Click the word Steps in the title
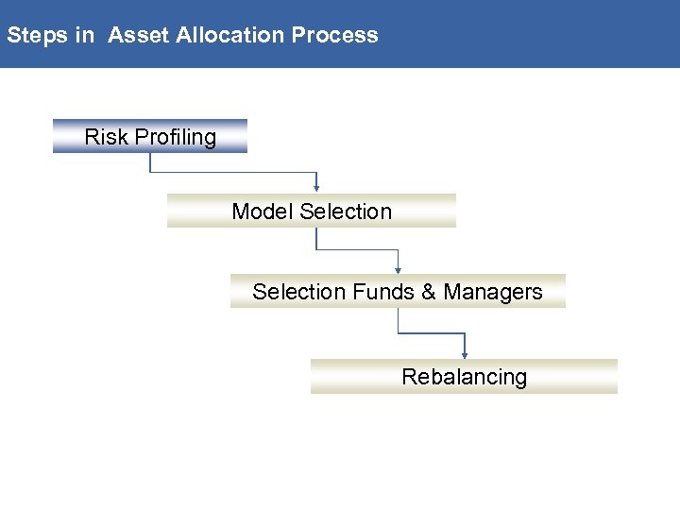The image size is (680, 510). click(37, 36)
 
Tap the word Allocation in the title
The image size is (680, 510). click(230, 36)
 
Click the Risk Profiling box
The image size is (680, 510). click(150, 137)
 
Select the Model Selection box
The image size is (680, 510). click(312, 212)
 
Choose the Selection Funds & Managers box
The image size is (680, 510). click(398, 292)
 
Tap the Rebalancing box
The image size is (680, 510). click(464, 377)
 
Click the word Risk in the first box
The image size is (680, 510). click(106, 137)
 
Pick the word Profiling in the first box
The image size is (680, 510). click(175, 138)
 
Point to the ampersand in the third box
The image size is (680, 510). click(429, 292)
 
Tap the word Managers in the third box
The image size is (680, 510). click(493, 292)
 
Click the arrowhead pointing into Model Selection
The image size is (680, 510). click(317, 188)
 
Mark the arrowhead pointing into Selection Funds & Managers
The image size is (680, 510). click(399, 269)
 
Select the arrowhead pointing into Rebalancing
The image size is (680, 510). click(465, 354)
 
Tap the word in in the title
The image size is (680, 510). click(85, 36)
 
